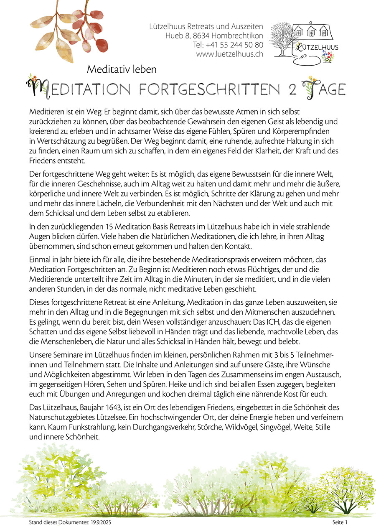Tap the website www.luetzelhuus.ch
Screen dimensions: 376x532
229,54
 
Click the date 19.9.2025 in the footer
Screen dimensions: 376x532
99,522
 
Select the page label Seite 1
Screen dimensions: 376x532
340,522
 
